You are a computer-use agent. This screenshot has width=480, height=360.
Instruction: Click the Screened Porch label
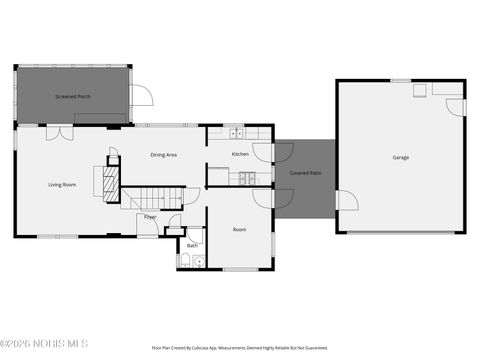click(x=72, y=97)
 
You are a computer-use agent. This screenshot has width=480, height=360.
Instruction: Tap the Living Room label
click(x=62, y=185)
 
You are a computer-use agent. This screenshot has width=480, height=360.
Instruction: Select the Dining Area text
click(x=164, y=155)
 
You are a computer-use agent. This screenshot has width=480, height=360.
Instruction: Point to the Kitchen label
click(x=240, y=154)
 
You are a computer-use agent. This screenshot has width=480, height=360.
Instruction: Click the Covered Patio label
click(x=306, y=173)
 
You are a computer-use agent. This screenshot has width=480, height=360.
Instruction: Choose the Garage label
click(x=400, y=158)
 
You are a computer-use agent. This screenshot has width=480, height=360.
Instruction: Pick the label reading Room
click(x=240, y=230)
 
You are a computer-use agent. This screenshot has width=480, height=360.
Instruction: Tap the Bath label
click(x=191, y=245)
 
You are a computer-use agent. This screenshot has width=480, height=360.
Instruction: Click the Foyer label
click(x=150, y=216)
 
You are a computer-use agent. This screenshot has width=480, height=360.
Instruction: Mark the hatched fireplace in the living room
click(x=100, y=182)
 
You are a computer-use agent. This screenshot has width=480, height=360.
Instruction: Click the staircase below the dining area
click(x=156, y=198)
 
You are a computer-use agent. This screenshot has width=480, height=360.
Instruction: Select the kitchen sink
click(x=236, y=132)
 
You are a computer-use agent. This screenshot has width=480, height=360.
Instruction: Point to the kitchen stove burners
click(x=246, y=178)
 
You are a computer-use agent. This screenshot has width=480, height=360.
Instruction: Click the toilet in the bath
click(x=185, y=262)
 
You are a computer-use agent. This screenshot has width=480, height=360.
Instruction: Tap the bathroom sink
click(x=199, y=263)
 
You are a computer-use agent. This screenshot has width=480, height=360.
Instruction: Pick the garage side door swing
click(x=346, y=201)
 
